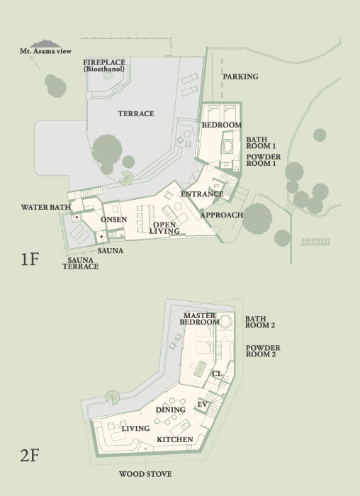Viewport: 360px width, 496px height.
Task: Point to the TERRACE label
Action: pyautogui.click(x=136, y=113)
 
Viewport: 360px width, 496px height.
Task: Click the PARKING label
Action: pyautogui.click(x=240, y=77)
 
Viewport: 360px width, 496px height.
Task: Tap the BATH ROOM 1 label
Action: pyautogui.click(x=260, y=142)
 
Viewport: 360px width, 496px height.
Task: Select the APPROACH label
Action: pyautogui.click(x=222, y=215)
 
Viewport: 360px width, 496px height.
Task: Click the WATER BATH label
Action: pyautogui.click(x=45, y=207)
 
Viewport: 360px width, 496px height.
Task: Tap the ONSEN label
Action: pyautogui.click(x=113, y=219)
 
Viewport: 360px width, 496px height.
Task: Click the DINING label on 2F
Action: pyautogui.click(x=170, y=410)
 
